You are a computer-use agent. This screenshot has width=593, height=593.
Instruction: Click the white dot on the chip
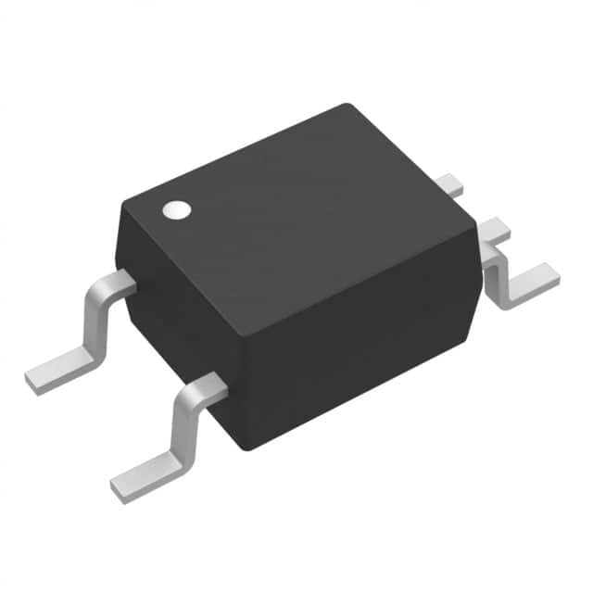coord(175,210)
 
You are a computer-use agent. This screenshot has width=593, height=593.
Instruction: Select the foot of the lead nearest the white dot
coord(59,370)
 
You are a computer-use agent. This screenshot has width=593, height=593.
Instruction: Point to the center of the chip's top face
coord(296,222)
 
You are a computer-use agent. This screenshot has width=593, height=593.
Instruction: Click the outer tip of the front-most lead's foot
coord(119,490)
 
